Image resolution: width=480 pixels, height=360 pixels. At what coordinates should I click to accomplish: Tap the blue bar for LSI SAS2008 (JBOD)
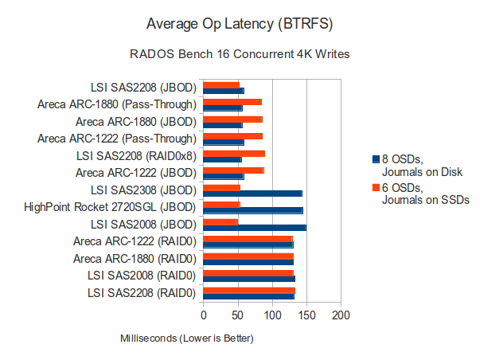click(x=255, y=227)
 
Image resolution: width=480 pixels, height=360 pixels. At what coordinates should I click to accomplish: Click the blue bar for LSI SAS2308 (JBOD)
click(x=252, y=193)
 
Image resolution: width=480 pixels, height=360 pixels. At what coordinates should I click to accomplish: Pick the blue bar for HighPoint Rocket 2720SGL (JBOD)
click(x=253, y=210)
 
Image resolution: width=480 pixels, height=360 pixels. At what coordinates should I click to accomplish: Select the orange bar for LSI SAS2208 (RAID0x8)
click(x=234, y=153)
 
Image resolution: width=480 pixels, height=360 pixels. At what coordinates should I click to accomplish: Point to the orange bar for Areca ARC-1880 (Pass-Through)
click(x=232, y=101)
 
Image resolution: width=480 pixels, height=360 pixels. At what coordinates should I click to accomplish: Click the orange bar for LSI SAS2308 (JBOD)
click(x=222, y=188)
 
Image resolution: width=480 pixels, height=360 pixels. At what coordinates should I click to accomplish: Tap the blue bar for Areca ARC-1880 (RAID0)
click(x=248, y=262)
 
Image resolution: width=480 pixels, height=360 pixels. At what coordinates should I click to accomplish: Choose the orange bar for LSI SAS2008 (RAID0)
click(x=248, y=273)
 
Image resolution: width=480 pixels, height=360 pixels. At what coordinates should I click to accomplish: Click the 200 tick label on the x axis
click(x=341, y=315)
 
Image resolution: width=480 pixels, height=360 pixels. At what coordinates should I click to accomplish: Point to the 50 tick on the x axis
click(x=238, y=315)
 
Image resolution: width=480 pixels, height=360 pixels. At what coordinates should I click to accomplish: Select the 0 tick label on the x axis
click(x=204, y=315)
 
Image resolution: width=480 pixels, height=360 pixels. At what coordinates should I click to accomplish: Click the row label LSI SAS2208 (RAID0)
click(x=142, y=293)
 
